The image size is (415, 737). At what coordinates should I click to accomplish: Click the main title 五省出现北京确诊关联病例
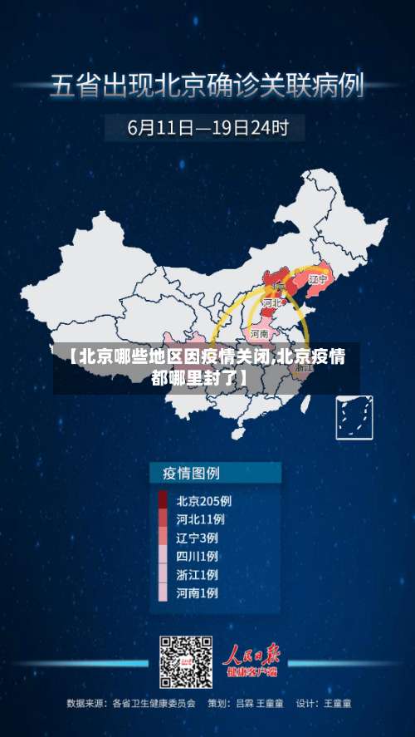[x=207, y=86]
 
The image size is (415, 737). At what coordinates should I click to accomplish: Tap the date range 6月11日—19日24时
[x=207, y=128]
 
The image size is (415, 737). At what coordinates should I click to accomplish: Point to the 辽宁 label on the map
[x=317, y=280]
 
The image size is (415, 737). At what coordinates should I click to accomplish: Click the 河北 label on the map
[x=271, y=304]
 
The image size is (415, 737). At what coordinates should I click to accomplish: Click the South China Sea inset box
[x=353, y=418]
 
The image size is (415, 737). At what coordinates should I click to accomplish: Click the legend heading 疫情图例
[x=185, y=474]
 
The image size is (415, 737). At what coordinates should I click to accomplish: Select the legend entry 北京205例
[x=203, y=501]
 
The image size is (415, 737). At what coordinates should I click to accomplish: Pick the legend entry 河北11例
[x=200, y=519]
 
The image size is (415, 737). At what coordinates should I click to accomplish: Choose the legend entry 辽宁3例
[x=198, y=538]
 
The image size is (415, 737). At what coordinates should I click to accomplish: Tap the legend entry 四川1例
[x=198, y=556]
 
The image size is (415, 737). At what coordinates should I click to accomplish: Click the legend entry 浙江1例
[x=198, y=574]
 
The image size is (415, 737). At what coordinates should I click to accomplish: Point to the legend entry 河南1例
[x=198, y=593]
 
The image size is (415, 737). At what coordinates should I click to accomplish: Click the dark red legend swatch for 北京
[x=163, y=501]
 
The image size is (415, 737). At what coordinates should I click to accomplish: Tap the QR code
[x=186, y=662]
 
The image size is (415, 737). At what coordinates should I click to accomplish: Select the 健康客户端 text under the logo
[x=254, y=673]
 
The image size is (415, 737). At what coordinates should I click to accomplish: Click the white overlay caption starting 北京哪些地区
[x=207, y=367]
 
